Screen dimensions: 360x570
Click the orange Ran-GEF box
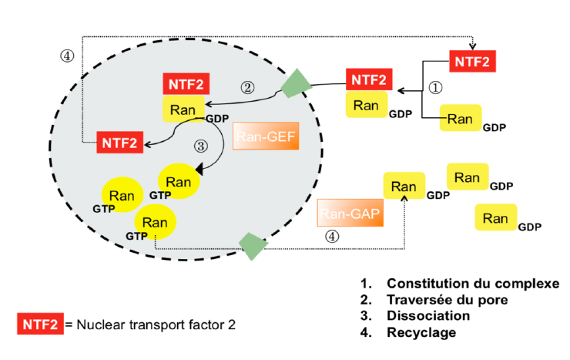pyautogui.click(x=265, y=138)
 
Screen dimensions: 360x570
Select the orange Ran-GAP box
pyautogui.click(x=350, y=214)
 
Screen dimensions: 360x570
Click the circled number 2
pyautogui.click(x=247, y=87)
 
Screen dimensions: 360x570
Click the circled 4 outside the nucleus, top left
pyautogui.click(x=68, y=56)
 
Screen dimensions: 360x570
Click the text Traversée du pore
pyautogui.click(x=447, y=299)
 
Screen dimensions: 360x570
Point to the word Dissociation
pyautogui.click(x=428, y=316)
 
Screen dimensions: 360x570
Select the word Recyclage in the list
pyautogui.click(x=421, y=333)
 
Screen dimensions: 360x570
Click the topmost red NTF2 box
pyautogui.click(x=472, y=59)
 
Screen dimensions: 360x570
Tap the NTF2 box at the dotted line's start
pyautogui.click(x=119, y=142)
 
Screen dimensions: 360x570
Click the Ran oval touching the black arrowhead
pyautogui.click(x=179, y=182)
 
